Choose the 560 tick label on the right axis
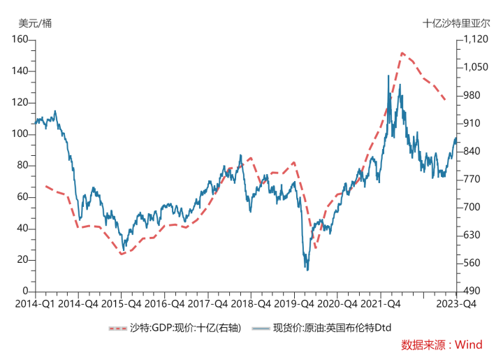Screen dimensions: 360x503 pyautogui.click(x=471, y=264)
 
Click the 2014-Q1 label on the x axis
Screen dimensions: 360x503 pyautogui.click(x=35, y=304)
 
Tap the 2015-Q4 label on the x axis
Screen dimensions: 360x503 pyautogui.click(x=121, y=304)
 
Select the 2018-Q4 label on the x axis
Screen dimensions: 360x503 pyautogui.click(x=250, y=304)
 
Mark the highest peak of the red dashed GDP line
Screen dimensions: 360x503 pyautogui.click(x=402, y=52)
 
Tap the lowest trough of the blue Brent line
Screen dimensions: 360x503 pyautogui.click(x=307, y=270)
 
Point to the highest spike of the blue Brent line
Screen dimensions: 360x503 pyautogui.click(x=388, y=75)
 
